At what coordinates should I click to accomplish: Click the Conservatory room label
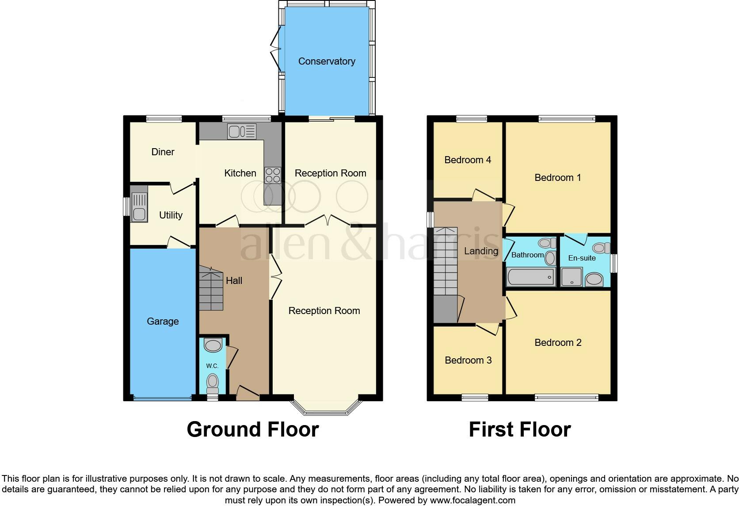[327, 61]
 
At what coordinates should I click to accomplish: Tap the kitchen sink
[241, 131]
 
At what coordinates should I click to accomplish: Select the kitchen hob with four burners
[272, 175]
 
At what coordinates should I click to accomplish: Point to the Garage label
[163, 322]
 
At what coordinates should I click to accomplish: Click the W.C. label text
[212, 366]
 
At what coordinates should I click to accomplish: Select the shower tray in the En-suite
[571, 278]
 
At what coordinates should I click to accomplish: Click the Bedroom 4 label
[468, 160]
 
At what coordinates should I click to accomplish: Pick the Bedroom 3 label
[468, 360]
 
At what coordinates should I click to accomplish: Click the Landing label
[481, 251]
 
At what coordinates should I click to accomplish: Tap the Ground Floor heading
[252, 429]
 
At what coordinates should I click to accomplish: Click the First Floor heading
[519, 429]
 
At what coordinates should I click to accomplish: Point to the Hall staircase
[211, 288]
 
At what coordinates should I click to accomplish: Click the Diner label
[163, 152]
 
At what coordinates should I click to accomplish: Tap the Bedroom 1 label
[557, 178]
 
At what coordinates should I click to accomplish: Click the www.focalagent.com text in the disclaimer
[472, 500]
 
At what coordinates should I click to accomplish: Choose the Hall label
[234, 280]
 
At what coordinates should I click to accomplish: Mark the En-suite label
[582, 258]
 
